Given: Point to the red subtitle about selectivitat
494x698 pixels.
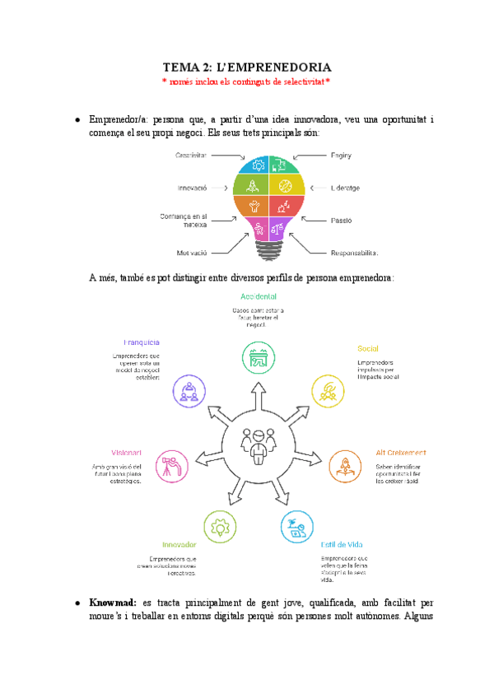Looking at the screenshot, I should pyautogui.click(x=247, y=81).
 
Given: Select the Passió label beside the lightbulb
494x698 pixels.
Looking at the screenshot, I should pyautogui.click(x=342, y=221).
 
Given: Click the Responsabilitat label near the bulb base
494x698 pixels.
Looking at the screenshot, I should pyautogui.click(x=355, y=252).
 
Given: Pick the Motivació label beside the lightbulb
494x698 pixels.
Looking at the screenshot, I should pyautogui.click(x=193, y=252).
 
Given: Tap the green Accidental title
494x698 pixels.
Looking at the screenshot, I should pyautogui.click(x=258, y=295).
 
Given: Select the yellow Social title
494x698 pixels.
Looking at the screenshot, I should pyautogui.click(x=367, y=348).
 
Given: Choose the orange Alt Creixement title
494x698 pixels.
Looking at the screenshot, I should pyautogui.click(x=401, y=453).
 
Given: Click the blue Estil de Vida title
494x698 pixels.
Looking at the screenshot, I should pyautogui.click(x=342, y=544).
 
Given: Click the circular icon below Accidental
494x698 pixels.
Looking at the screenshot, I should pyautogui.click(x=258, y=359).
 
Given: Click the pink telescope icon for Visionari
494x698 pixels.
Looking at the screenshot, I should pyautogui.click(x=170, y=465).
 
